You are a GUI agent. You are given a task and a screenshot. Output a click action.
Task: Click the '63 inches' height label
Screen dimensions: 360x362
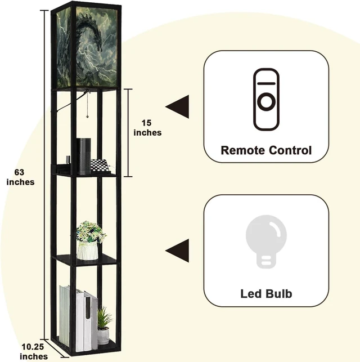[x=20, y=177]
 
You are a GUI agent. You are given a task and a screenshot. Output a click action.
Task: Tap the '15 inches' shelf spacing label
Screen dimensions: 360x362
[x=147, y=128]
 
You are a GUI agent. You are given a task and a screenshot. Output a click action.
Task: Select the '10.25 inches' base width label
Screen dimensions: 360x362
[x=34, y=352]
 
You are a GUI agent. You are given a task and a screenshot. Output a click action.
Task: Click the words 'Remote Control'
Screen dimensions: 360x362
[x=266, y=150]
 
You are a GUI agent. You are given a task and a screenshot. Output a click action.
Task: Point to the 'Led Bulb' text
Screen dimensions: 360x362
[x=266, y=294]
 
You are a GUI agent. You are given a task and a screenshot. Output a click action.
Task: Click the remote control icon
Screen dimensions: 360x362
[x=266, y=100]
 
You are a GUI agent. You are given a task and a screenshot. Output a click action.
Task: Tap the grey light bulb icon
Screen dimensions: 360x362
[x=266, y=242]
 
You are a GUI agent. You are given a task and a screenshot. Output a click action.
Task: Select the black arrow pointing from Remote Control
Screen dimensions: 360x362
[x=177, y=106]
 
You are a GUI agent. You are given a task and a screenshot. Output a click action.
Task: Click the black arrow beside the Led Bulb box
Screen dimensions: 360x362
[x=177, y=251]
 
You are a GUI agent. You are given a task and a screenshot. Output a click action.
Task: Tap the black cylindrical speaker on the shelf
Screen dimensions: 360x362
[x=83, y=157]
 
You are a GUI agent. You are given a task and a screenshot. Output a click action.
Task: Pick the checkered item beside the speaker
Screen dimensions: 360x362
[x=100, y=166]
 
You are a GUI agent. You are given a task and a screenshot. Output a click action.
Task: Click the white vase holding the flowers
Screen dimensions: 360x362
[x=87, y=251]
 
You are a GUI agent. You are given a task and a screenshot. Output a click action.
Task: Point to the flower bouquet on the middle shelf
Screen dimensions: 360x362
[x=91, y=232]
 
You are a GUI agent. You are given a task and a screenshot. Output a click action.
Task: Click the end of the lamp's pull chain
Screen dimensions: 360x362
[x=87, y=117]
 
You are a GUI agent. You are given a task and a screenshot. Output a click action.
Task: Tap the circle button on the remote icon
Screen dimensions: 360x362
[x=266, y=101]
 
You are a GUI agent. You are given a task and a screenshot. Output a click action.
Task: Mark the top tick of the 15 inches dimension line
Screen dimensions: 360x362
[x=128, y=89]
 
